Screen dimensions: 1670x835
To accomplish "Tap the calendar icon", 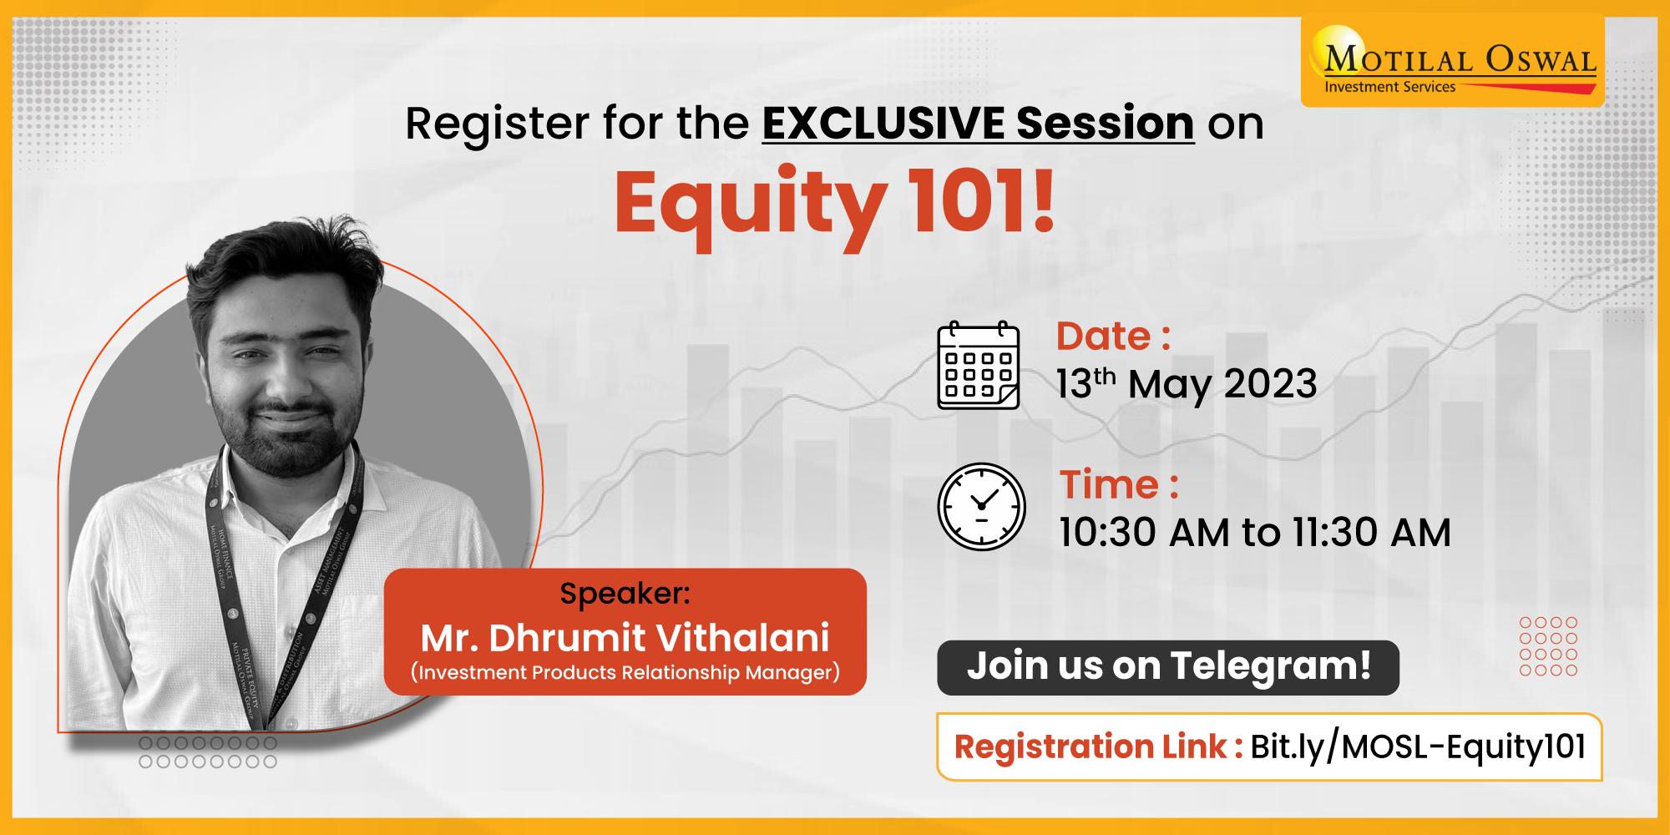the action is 979,366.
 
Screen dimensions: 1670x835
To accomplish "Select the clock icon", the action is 981,507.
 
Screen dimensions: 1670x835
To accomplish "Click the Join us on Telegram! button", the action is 1168,667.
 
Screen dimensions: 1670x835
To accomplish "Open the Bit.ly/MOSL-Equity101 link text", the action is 1418,746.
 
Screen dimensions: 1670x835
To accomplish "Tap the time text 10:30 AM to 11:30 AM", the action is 1255,532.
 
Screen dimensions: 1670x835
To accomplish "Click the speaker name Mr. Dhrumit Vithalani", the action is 625,639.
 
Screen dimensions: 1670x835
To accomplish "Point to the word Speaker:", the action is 625,594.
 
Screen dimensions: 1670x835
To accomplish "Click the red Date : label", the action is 1113,337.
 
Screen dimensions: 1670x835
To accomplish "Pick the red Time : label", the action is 1119,484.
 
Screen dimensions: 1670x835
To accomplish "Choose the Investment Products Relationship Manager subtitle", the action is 625,673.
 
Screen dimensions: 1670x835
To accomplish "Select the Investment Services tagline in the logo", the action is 1389,86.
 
